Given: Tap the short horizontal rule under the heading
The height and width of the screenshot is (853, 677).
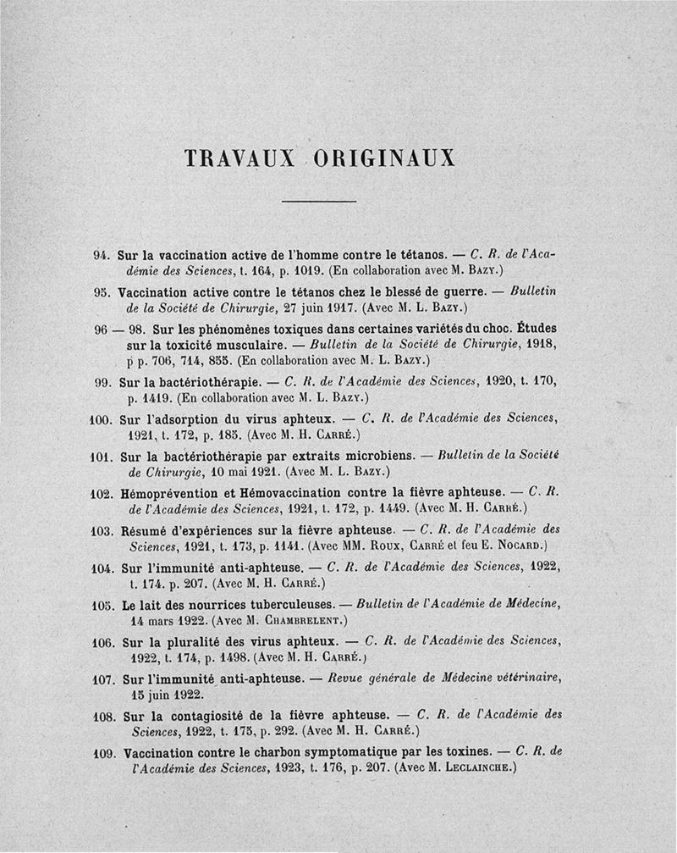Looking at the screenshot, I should [317, 201].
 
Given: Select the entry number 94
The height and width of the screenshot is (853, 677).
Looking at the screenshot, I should [102, 253].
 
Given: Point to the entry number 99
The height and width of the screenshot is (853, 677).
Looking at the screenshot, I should [103, 381].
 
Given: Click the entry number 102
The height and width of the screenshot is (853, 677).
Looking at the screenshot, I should [101, 492].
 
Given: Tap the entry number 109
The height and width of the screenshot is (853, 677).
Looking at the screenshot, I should [102, 752].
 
